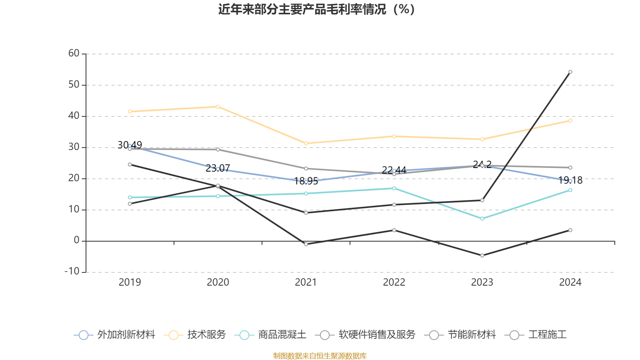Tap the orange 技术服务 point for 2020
tap(218, 106)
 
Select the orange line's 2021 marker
tap(306, 143)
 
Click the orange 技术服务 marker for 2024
tap(570, 120)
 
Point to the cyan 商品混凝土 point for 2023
tap(482, 218)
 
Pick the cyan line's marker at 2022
tap(394, 188)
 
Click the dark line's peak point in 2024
tap(570, 72)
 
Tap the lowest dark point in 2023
tap(482, 255)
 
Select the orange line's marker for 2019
tap(130, 111)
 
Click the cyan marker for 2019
tap(130, 197)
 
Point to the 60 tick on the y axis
tap(74, 53)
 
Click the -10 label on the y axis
tap(72, 271)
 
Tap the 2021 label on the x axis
tap(306, 282)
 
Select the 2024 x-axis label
tap(570, 282)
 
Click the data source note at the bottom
tap(320, 356)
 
